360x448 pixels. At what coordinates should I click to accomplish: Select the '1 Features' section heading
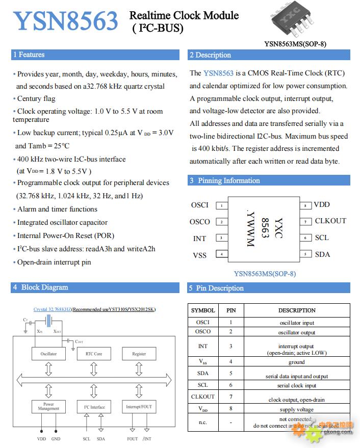tap(29, 55)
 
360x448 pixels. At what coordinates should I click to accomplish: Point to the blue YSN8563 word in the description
tap(218, 73)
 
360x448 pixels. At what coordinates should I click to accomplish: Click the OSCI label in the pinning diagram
tap(199, 205)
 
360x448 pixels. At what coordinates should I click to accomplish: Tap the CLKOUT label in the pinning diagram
tap(330, 221)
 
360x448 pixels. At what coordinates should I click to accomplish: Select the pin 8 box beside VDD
tap(305, 205)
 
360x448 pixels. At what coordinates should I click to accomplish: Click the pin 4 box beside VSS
tap(221, 254)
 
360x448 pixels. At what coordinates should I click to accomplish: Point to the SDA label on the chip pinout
tap(322, 254)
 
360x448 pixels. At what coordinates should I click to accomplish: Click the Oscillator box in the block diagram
tap(49, 354)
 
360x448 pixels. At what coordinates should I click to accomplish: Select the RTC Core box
tap(94, 354)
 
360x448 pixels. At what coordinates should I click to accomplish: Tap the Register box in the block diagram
tap(139, 354)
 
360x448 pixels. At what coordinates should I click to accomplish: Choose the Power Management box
tap(49, 407)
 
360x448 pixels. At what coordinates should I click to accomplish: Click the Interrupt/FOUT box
tap(139, 407)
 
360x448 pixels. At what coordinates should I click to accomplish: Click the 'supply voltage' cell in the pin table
tap(297, 410)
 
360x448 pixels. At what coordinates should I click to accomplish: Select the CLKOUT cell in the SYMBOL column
tap(203, 397)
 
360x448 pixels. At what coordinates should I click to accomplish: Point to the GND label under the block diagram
tap(56, 439)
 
